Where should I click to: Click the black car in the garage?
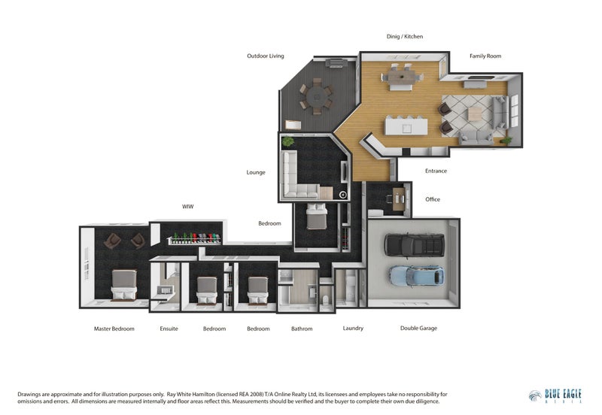[413, 244]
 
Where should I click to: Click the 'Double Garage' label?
[418, 328]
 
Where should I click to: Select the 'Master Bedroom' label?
[113, 329]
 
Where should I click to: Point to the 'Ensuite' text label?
[169, 329]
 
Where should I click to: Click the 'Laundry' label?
[353, 328]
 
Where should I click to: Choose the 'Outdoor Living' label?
[266, 56]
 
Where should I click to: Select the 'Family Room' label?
[485, 56]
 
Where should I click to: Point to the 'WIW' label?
[188, 206]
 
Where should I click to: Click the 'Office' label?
[432, 199]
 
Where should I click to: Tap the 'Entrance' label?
[436, 171]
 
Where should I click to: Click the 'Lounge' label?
[256, 172]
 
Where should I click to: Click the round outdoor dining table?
[315, 95]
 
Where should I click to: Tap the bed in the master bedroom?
[123, 285]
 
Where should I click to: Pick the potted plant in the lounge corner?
[287, 141]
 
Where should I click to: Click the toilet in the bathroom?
[326, 300]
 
